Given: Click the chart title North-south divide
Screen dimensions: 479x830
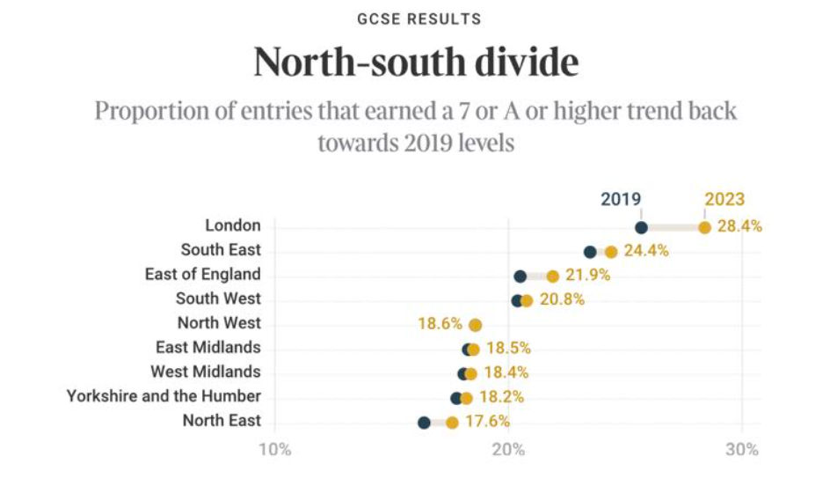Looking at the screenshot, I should tap(416, 64).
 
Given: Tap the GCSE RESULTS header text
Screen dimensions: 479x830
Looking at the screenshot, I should tap(416, 18).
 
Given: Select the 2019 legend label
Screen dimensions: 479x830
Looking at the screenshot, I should tap(621, 199).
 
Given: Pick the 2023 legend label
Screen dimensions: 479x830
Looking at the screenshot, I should tap(724, 199).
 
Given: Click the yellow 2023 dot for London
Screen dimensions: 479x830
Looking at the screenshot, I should tap(704, 227).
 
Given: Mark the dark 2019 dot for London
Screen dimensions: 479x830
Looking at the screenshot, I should tap(641, 227).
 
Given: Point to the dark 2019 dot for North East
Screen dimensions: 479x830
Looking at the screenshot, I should tap(424, 423).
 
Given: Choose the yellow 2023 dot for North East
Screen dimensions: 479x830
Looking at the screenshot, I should tap(452, 423).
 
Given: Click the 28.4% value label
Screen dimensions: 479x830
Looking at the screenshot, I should tap(739, 226).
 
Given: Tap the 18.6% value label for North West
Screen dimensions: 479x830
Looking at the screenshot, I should tap(440, 324).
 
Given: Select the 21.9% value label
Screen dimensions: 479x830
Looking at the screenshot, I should tap(587, 275).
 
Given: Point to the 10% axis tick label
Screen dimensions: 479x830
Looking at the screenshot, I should tap(274, 450).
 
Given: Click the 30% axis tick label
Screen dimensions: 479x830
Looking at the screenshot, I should tap(742, 450).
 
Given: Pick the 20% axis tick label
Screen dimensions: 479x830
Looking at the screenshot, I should tap(509, 450).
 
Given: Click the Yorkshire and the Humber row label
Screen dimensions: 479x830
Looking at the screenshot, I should tap(164, 396).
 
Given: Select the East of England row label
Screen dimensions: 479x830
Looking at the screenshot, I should tap(202, 275).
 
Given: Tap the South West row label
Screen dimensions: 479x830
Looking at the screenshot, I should tap(218, 299).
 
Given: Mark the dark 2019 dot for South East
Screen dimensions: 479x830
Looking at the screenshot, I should tap(590, 252).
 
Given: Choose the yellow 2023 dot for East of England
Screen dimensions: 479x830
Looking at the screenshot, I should tap(552, 276).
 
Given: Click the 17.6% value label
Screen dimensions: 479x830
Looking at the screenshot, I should tap(487, 422).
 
